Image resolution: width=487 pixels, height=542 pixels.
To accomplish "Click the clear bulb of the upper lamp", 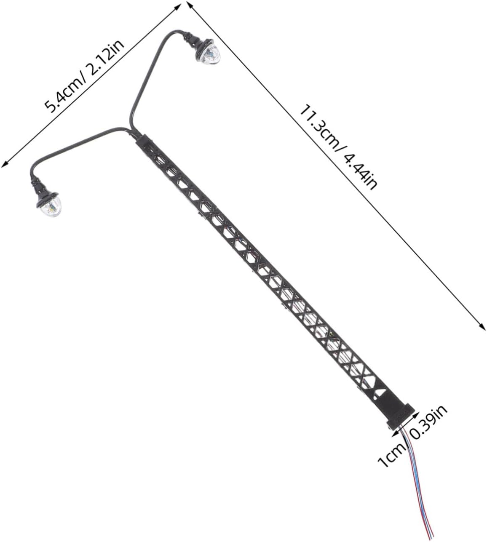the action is tap(211, 55).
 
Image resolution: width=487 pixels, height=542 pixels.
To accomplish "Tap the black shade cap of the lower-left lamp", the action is tap(47, 198).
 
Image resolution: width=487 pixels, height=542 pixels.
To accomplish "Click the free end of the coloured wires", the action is tap(431, 538).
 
